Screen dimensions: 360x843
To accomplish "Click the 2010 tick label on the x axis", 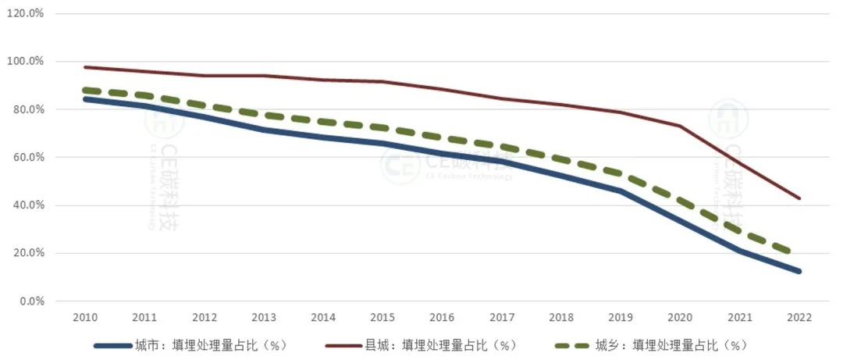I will pos(84,319).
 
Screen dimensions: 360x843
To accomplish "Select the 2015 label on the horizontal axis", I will pos(382,319).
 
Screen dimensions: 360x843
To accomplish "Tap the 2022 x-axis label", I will pos(799,319).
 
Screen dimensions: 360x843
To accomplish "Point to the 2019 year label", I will pos(621,319).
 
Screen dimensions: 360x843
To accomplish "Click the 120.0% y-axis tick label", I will pos(26,13).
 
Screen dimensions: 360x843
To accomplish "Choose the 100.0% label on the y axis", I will pos(26,61).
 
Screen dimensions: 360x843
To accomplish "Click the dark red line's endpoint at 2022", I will pos(799,198).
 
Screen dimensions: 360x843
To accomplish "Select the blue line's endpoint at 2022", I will pos(799,271).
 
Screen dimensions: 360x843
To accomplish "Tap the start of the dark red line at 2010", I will pos(84,67).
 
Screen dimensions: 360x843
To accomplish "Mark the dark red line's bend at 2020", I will pos(680,126).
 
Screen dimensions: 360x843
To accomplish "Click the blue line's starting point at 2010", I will pos(84,99).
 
